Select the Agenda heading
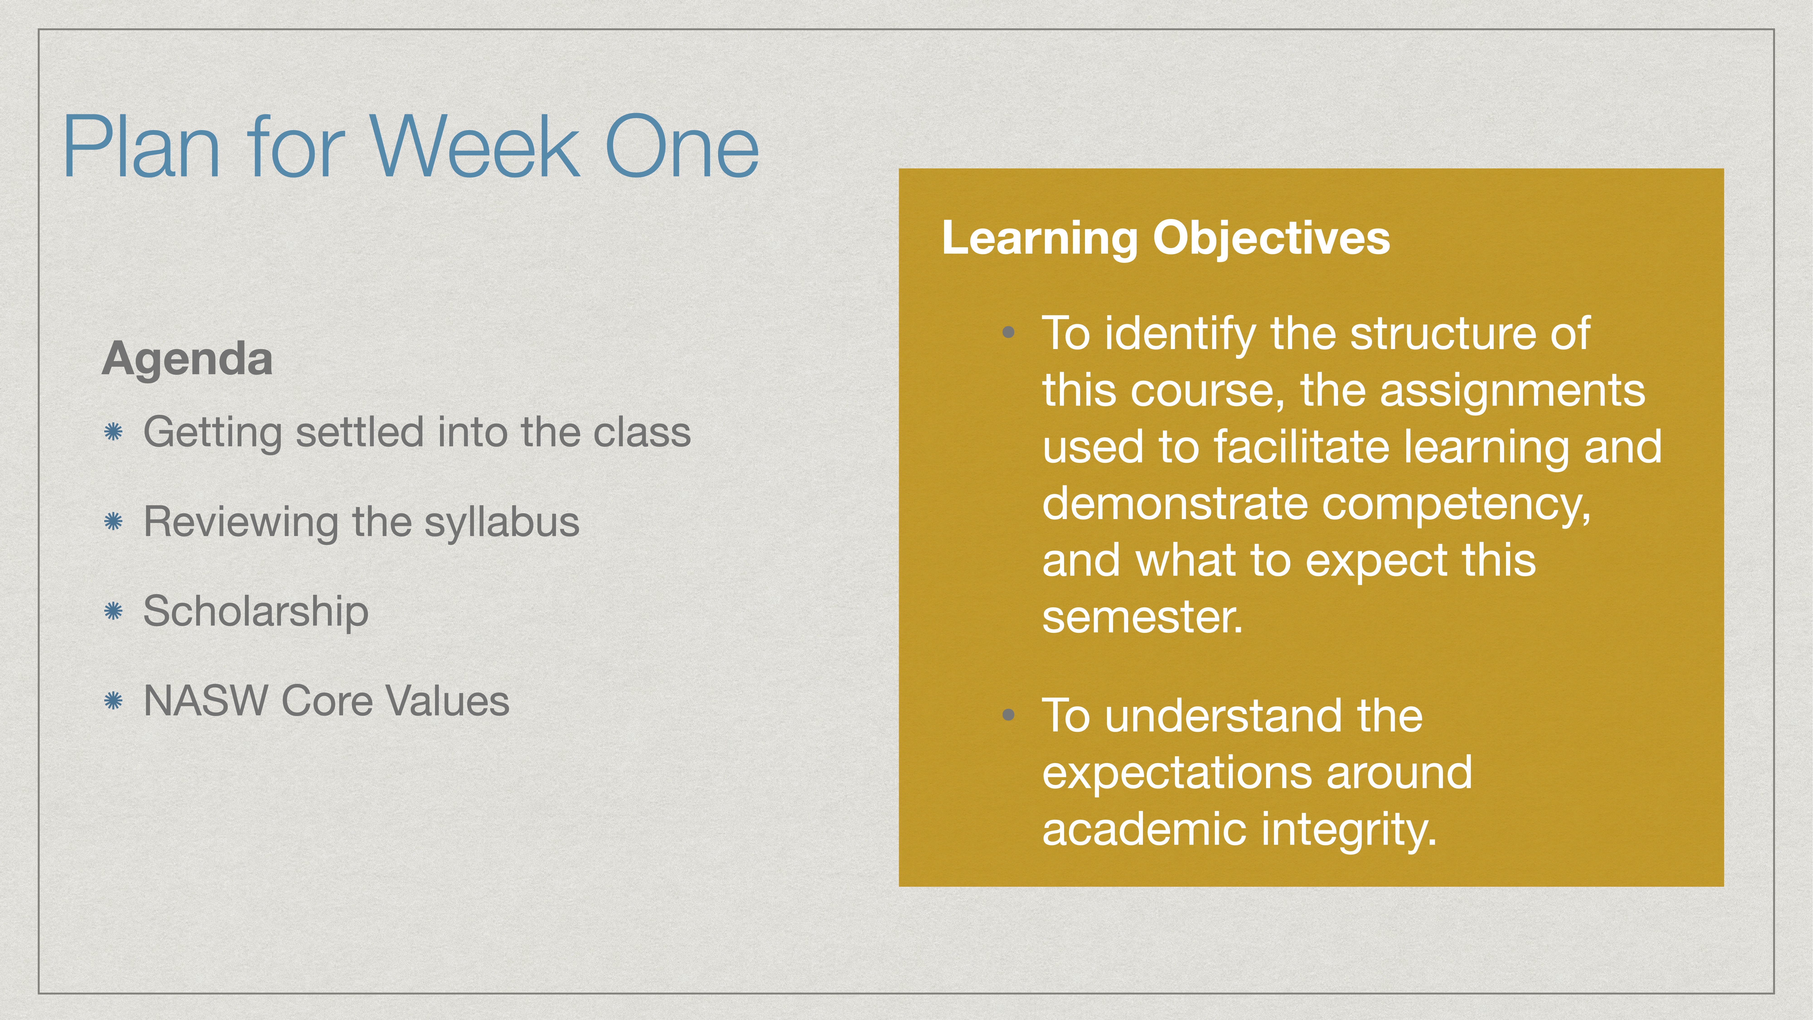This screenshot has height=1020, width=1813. [x=187, y=359]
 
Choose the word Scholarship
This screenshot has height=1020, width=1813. [x=255, y=611]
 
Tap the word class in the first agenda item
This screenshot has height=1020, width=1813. [x=642, y=432]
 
